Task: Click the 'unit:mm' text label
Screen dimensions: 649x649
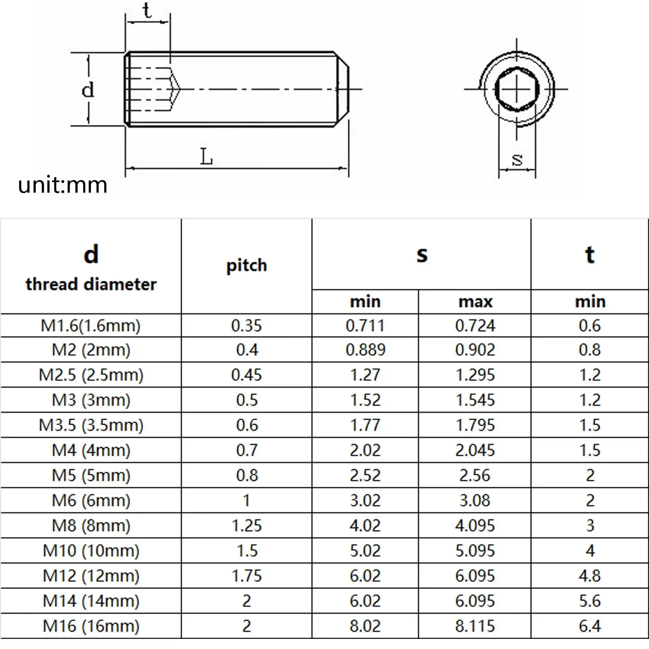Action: click(x=62, y=185)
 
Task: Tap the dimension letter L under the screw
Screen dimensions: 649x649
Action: click(x=206, y=157)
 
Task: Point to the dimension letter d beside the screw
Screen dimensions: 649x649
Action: click(x=88, y=90)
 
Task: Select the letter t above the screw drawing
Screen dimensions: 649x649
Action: click(x=147, y=11)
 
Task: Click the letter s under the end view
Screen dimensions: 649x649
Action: click(x=517, y=159)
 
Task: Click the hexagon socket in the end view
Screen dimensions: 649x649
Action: click(x=517, y=89)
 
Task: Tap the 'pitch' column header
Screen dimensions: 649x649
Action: click(x=247, y=265)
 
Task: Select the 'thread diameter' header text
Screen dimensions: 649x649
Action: click(x=91, y=284)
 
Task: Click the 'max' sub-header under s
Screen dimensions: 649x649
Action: click(x=475, y=302)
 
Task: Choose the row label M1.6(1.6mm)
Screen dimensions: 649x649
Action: click(x=91, y=326)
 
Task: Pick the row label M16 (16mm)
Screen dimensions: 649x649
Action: click(x=91, y=626)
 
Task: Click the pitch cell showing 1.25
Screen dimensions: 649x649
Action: click(x=247, y=526)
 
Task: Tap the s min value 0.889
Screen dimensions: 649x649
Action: click(x=365, y=350)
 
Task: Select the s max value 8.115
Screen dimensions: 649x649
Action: click(x=475, y=626)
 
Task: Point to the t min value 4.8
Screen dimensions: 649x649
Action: click(x=590, y=576)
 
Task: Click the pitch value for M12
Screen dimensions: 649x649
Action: click(x=247, y=576)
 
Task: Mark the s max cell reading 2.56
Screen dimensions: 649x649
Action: click(x=475, y=475)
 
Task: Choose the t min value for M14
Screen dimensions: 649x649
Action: click(x=590, y=601)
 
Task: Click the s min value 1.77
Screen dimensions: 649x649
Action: click(x=365, y=425)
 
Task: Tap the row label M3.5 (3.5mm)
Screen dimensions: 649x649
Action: click(x=91, y=425)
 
